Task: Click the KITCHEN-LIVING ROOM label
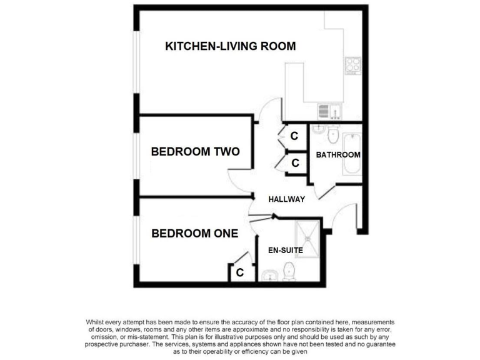(x=230, y=46)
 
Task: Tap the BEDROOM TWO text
(x=195, y=152)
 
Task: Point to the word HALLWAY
(x=286, y=199)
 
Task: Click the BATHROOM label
(x=338, y=155)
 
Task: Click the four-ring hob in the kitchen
(x=353, y=64)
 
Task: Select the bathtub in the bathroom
(x=352, y=152)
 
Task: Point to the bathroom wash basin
(x=318, y=129)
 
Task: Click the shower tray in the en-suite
(x=307, y=232)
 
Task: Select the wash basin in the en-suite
(x=270, y=276)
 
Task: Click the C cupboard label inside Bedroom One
(x=239, y=272)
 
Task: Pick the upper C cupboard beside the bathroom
(x=294, y=135)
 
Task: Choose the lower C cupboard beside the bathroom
(x=295, y=163)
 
